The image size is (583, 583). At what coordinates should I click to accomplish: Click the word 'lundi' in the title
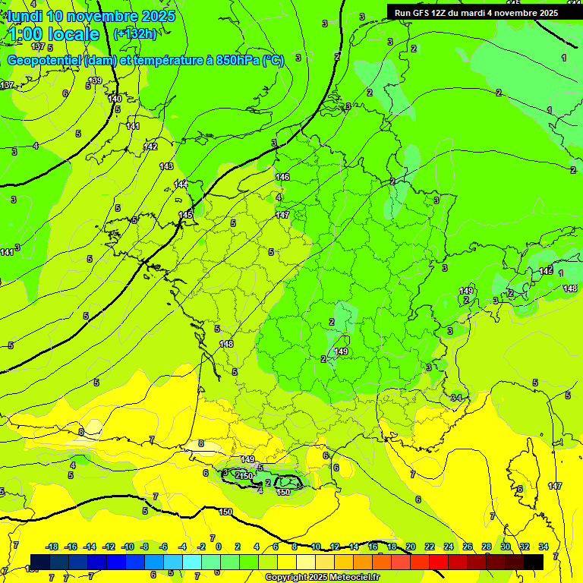24,16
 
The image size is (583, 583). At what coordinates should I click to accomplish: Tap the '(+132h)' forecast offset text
135,33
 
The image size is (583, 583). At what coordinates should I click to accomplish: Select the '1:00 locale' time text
55,34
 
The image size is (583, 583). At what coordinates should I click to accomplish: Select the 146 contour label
282,177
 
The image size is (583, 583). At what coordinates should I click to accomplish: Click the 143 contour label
166,166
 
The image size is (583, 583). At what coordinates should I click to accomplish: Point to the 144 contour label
181,184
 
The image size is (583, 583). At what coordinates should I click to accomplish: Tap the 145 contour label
186,216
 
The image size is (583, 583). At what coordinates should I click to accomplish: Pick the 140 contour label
115,99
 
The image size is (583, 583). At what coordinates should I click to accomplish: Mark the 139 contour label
95,81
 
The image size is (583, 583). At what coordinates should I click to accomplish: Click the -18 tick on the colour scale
52,547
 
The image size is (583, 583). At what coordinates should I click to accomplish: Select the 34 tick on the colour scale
544,547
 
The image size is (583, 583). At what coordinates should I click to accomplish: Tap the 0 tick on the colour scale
219,547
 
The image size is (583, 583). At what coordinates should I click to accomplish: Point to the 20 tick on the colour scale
411,547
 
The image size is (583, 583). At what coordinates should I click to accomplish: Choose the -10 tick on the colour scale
128,547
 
